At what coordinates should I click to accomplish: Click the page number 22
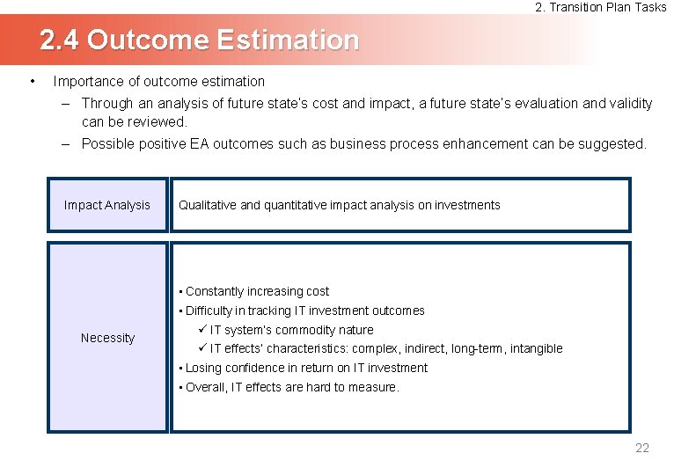tap(641, 449)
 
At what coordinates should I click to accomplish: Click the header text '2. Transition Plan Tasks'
tap(601, 7)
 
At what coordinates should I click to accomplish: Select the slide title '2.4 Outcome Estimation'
tap(200, 40)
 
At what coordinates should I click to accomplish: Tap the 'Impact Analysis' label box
tap(107, 205)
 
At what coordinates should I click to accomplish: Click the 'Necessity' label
tap(107, 338)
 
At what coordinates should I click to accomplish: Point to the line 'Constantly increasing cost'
tap(257, 291)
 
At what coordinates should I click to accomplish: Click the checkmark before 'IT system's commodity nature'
tap(201, 330)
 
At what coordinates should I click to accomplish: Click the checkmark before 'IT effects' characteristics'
tap(201, 348)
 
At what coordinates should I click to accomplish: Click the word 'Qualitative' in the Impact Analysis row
tap(207, 205)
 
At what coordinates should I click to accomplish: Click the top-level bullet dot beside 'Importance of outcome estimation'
tap(33, 82)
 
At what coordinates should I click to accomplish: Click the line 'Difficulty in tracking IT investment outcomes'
tap(304, 311)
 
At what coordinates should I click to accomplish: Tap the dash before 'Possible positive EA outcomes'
tap(66, 143)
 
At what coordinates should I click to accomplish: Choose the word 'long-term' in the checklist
tap(477, 348)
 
